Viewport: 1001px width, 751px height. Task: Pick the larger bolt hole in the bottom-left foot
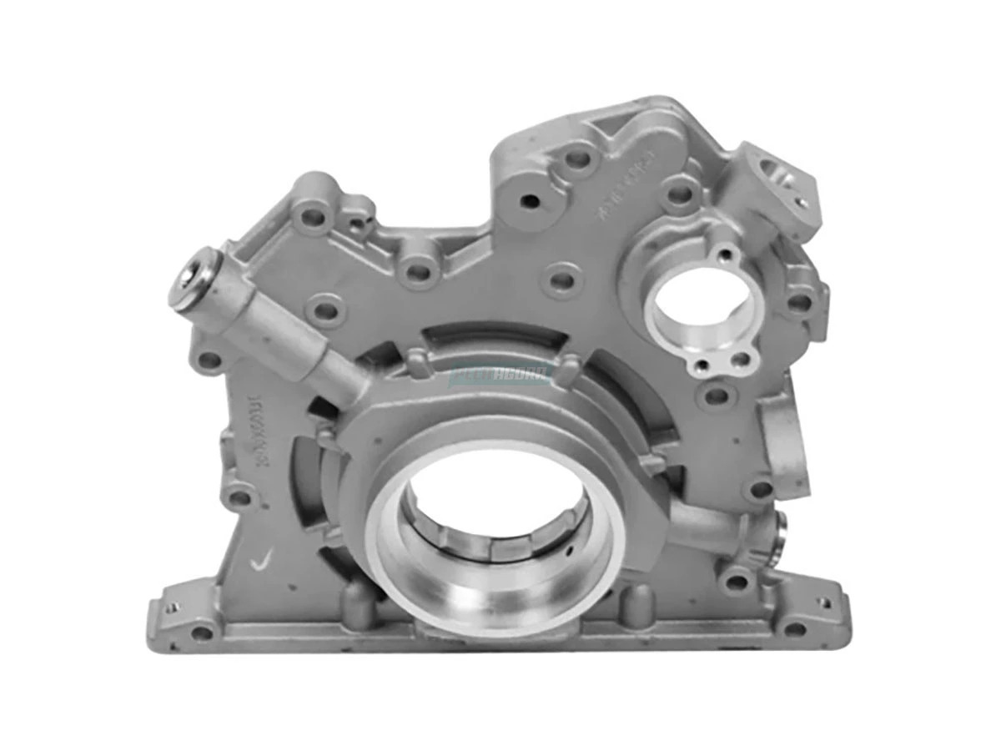tap(203, 632)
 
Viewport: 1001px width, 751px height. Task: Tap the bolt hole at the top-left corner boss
tap(313, 218)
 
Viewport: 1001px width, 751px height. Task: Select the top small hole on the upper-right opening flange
tap(725, 253)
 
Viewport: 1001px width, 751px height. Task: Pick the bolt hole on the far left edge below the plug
tap(209, 360)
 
